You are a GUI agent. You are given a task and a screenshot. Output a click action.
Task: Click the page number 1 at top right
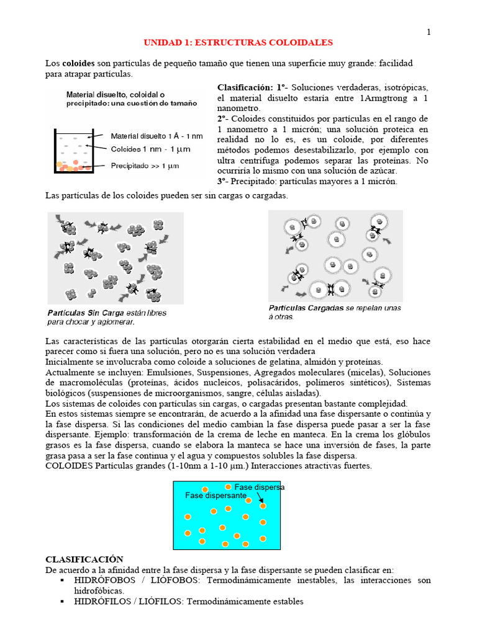pyautogui.click(x=428, y=32)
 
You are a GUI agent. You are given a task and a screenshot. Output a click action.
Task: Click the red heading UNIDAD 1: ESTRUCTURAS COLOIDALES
pyautogui.click(x=238, y=43)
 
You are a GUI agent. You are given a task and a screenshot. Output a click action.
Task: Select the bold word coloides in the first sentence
pyautogui.click(x=78, y=64)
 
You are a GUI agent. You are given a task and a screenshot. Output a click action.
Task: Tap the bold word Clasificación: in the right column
pyautogui.click(x=245, y=87)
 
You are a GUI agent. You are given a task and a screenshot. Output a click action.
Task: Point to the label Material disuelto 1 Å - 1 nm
pyautogui.click(x=156, y=136)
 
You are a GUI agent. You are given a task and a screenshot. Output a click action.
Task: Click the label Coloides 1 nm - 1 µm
pyautogui.click(x=150, y=149)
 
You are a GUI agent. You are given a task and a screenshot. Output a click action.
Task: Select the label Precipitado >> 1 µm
pyautogui.click(x=150, y=166)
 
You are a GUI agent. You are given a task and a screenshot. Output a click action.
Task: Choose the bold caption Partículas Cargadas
pyautogui.click(x=306, y=308)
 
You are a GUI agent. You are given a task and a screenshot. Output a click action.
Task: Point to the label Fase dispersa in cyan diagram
pyautogui.click(x=259, y=487)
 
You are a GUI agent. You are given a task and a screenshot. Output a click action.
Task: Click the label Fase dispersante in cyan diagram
pyautogui.click(x=216, y=496)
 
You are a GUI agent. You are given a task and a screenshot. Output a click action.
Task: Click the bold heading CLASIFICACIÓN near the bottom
pyautogui.click(x=84, y=559)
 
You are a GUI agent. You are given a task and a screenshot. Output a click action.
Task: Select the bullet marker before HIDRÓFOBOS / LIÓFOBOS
pyautogui.click(x=63, y=580)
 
